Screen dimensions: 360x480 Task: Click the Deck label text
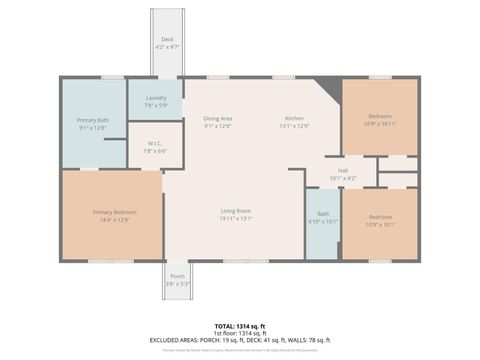tap(167, 39)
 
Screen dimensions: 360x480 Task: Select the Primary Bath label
tap(91, 120)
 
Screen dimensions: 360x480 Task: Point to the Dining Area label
tap(217, 119)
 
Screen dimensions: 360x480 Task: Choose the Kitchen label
tap(294, 119)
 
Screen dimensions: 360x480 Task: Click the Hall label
tap(342, 171)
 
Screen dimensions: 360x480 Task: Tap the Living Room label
tap(236, 211)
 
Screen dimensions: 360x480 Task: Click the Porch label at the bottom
tap(176, 276)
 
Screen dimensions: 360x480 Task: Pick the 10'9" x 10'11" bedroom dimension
tap(380, 123)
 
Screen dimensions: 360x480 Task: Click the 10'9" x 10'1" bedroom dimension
tap(380, 224)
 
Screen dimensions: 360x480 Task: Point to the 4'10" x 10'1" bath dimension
tap(323, 221)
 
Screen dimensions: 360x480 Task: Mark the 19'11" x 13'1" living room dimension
tap(236, 219)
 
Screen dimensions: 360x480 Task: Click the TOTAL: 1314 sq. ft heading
tap(240, 326)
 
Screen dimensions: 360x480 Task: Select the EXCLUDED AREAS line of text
tap(240, 340)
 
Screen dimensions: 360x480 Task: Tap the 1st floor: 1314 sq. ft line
tap(240, 333)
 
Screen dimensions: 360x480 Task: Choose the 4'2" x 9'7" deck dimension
tap(167, 46)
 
